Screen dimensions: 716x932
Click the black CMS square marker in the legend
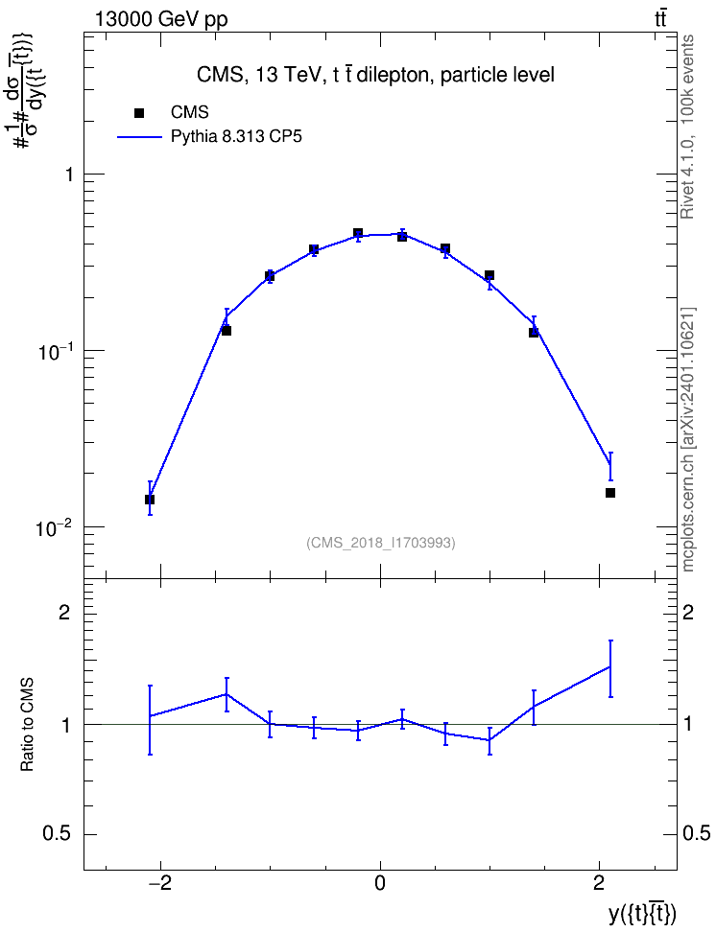click(139, 112)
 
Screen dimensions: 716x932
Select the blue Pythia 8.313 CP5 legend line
click(139, 137)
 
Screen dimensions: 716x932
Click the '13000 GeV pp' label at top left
click(161, 20)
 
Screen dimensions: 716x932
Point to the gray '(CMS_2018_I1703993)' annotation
click(381, 543)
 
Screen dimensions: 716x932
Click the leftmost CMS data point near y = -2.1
click(150, 500)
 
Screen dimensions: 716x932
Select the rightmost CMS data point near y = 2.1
click(610, 493)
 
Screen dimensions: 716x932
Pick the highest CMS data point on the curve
click(358, 233)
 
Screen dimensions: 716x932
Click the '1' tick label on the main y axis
click(69, 175)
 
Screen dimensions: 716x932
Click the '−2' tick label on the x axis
click(158, 884)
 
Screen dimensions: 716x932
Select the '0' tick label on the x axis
click(380, 884)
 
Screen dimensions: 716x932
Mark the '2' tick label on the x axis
click(599, 884)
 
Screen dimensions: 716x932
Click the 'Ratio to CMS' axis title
click(27, 725)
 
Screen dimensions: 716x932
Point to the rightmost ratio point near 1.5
click(610, 667)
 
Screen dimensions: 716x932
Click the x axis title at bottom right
click(642, 913)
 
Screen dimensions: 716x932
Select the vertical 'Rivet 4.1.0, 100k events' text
click(687, 127)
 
